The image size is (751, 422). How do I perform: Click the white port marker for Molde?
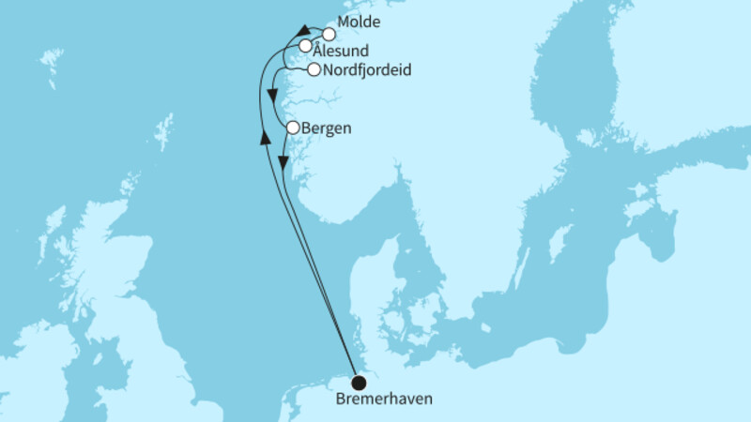coord(329,34)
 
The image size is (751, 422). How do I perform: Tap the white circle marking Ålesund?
coord(305,46)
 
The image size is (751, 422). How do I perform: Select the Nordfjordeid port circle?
coord(313,69)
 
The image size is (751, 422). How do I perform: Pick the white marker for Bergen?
coord(293,127)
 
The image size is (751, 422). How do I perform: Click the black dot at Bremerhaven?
coord(359,383)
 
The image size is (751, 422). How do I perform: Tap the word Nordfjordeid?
coord(365,70)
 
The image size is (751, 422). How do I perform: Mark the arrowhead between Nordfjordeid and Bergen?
coord(271,96)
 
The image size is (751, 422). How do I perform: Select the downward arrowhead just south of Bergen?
coord(282,161)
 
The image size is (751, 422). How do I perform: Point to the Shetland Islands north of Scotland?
coord(165,130)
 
